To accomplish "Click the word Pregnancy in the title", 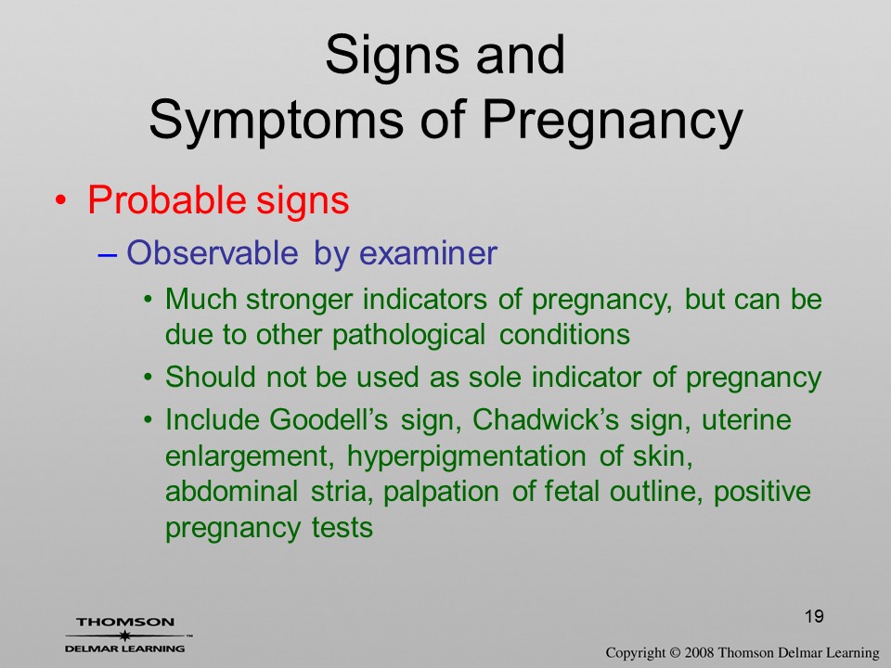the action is (612, 121).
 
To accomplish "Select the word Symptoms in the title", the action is (277, 122).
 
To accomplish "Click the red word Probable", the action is (166, 200).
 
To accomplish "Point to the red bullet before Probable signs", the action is (60, 200).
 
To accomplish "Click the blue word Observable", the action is (212, 252).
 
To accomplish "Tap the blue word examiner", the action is (429, 252).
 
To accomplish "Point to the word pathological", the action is (408, 335).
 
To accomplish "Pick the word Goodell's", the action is (329, 419).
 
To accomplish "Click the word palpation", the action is (441, 492).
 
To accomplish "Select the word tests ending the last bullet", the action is (342, 528).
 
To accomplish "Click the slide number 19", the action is (814, 616).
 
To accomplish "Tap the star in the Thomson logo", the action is (123, 636).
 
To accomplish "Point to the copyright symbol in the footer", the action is (674, 653).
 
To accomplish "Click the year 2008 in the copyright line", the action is (698, 653).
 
